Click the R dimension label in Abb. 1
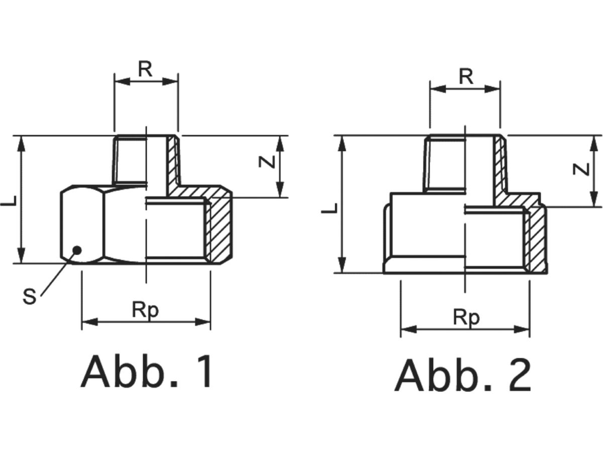(145, 69)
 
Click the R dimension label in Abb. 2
(466, 77)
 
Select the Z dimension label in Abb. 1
(268, 162)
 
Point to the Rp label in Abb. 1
(145, 310)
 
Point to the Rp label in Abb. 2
(466, 317)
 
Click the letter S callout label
(30, 297)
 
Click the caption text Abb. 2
(463, 376)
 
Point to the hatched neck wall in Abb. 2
(499, 166)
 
